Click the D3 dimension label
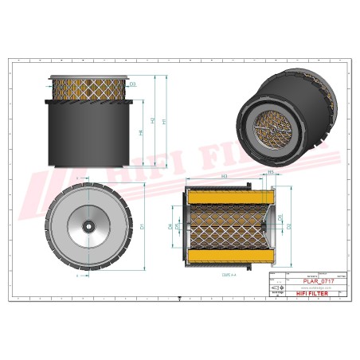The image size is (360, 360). click(132, 84)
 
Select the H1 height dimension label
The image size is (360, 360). click(164, 121)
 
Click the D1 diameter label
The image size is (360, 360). click(142, 227)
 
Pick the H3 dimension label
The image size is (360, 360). click(225, 175)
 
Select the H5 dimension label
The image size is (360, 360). click(271, 172)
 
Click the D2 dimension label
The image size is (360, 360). click(289, 226)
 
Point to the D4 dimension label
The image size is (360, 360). click(171, 226)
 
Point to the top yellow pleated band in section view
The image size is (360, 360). click(225, 194)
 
